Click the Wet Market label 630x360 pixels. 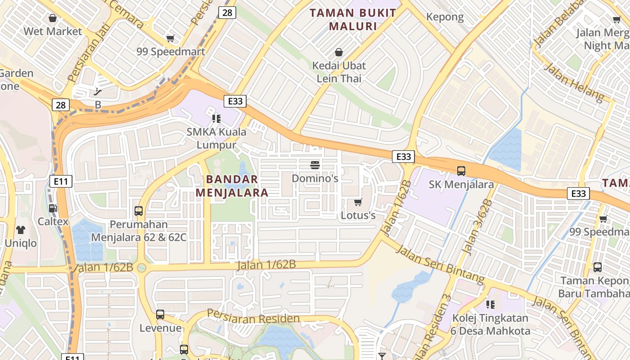[x=53, y=31]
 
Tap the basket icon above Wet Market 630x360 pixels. [x=53, y=18]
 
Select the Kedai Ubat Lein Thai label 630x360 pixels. [x=339, y=72]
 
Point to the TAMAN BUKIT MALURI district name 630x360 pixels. [x=353, y=19]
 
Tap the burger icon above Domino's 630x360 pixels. [x=315, y=165]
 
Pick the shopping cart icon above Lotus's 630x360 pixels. [x=358, y=202]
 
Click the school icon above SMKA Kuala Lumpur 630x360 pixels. [x=216, y=119]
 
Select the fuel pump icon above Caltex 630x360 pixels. [x=53, y=208]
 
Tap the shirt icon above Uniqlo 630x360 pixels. [x=21, y=230]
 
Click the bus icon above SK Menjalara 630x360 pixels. [x=461, y=171]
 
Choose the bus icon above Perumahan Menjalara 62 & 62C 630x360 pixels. [x=139, y=211]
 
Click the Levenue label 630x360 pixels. [x=160, y=328]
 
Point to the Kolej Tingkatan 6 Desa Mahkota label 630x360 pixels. [x=490, y=324]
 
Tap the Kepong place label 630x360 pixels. [x=445, y=17]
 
